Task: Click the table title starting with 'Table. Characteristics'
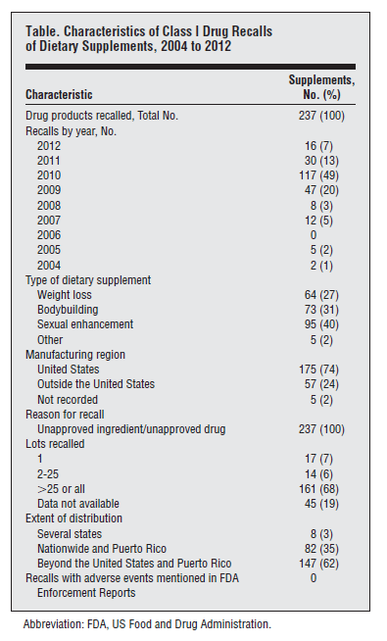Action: [x=149, y=38]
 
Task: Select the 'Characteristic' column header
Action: [x=59, y=94]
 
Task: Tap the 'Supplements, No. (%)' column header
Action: [x=321, y=87]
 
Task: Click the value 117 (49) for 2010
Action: [x=318, y=175]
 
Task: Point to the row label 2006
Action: [x=49, y=235]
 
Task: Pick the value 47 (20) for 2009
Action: [x=321, y=190]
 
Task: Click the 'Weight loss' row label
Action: [x=65, y=295]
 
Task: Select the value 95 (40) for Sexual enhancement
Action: [x=321, y=324]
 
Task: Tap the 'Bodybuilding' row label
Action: [x=68, y=310]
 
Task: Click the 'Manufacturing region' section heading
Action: [x=75, y=355]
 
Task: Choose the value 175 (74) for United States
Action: [x=318, y=370]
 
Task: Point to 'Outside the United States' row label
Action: [x=96, y=384]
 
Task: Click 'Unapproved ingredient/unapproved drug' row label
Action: [x=131, y=429]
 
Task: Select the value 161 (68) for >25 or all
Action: [x=318, y=489]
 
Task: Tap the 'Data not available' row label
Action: [x=78, y=504]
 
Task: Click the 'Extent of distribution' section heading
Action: [x=73, y=518]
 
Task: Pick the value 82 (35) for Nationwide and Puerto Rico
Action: [x=321, y=549]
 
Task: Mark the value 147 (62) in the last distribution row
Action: [x=318, y=564]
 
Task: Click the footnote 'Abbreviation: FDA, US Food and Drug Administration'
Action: [x=147, y=624]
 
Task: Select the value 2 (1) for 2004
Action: [x=321, y=266]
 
